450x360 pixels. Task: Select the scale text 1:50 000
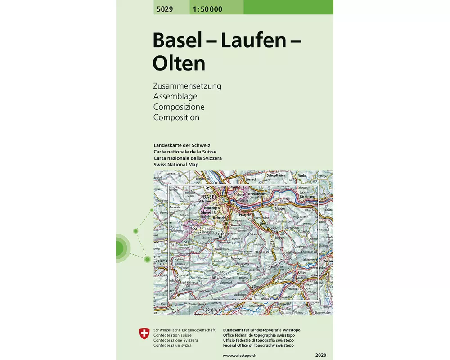[208, 9]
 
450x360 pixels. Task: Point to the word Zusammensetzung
[187, 85]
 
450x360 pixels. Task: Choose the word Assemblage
[175, 96]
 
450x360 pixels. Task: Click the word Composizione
[179, 107]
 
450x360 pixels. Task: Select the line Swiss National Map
[176, 165]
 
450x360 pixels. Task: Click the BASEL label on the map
[210, 197]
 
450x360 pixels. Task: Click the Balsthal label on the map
[244, 279]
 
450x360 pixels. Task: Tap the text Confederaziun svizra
[172, 345]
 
